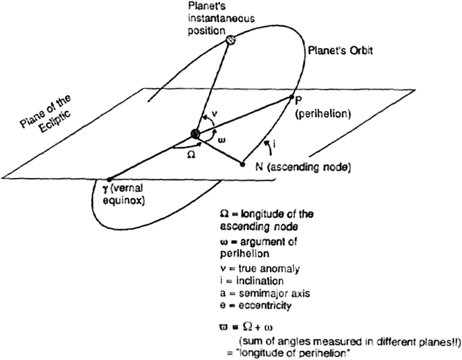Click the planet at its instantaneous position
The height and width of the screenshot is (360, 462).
(231, 40)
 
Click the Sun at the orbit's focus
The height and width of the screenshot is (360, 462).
(195, 135)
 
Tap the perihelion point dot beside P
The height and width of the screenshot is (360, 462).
(291, 98)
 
